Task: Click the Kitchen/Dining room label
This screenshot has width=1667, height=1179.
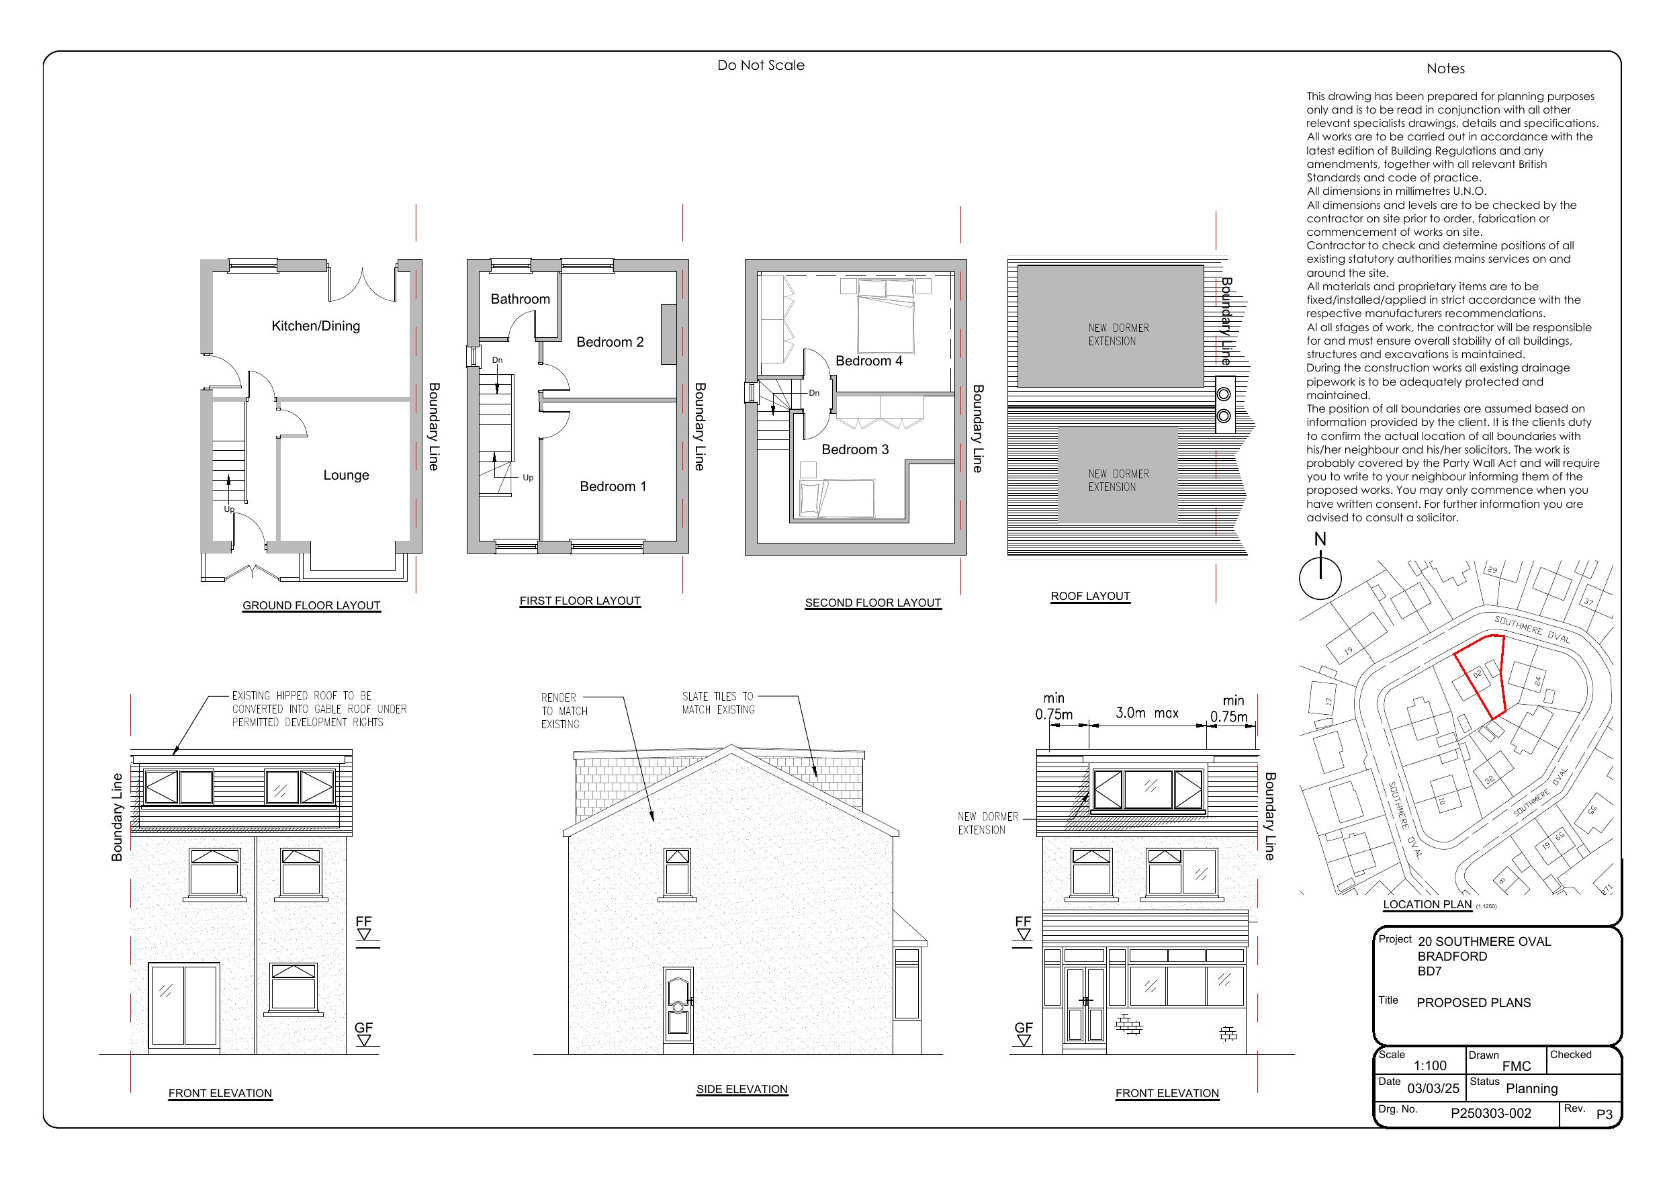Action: point(315,326)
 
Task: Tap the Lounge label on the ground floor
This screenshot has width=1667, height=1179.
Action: point(346,475)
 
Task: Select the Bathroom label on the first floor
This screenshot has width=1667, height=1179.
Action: point(520,300)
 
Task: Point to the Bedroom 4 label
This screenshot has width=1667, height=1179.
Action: point(868,361)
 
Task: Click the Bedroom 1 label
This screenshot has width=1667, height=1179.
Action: point(613,486)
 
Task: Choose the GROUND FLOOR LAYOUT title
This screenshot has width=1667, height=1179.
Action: point(311,606)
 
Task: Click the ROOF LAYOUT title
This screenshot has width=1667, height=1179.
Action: point(1090,597)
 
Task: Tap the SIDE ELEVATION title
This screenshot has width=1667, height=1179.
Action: point(741,1090)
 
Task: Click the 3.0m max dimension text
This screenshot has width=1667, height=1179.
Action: point(1146,713)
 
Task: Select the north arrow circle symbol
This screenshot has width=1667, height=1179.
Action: point(1319,578)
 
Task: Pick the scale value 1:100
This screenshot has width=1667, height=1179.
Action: point(1430,1065)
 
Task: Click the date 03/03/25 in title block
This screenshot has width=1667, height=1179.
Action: point(1433,1088)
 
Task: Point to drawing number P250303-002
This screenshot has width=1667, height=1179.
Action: point(1490,1114)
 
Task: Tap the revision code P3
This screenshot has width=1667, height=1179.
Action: point(1604,1115)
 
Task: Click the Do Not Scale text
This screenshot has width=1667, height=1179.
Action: point(760,65)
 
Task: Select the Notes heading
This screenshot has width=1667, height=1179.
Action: point(1445,69)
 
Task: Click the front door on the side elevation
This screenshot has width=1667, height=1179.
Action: point(678,1010)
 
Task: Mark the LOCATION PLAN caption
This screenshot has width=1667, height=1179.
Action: point(1427,904)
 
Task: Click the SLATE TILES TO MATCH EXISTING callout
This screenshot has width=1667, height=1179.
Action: point(717,703)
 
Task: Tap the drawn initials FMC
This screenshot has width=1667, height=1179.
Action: point(1516,1066)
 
